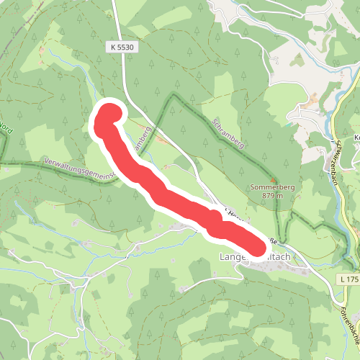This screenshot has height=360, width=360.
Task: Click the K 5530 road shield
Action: tap(123, 47)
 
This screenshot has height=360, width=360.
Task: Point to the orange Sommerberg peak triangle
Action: tap(272, 180)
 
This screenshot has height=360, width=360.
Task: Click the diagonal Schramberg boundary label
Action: tap(229, 134)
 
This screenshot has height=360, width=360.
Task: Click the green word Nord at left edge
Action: tap(6, 130)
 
